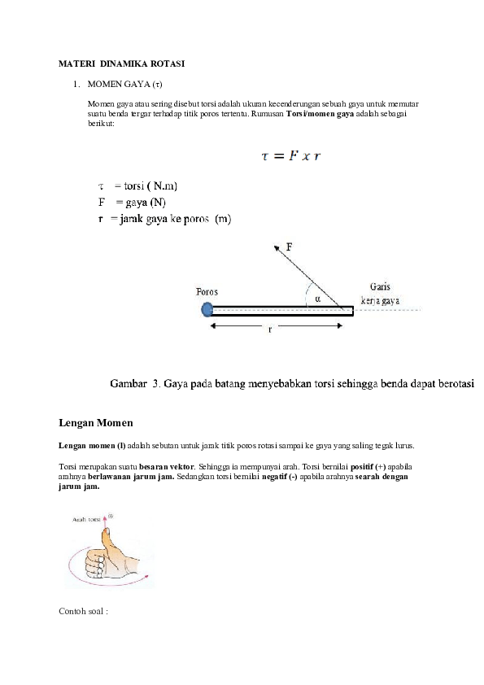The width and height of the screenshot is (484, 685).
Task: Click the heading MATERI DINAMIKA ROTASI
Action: pyautogui.click(x=122, y=63)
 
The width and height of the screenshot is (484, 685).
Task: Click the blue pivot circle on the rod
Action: pyautogui.click(x=207, y=308)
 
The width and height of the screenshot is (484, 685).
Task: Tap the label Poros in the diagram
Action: pyautogui.click(x=207, y=291)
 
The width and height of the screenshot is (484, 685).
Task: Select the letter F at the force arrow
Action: pyautogui.click(x=290, y=245)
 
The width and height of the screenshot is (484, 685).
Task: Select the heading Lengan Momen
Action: pyautogui.click(x=96, y=424)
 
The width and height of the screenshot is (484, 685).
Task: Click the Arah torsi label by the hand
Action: pyautogui.click(x=88, y=517)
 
